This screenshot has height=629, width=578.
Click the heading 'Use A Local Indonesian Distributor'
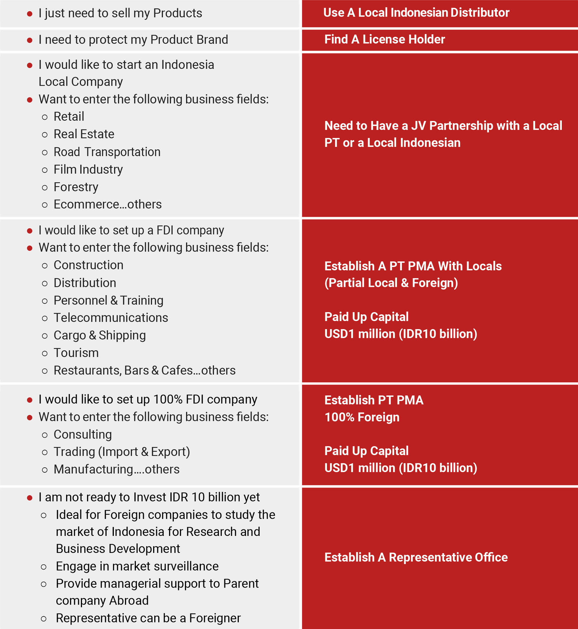point(416,13)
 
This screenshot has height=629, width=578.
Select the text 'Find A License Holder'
point(384,40)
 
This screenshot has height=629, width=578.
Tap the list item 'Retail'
point(69,117)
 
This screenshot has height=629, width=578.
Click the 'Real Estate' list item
point(84,134)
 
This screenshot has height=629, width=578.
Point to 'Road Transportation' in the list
point(107,152)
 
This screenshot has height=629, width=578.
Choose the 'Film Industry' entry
point(88,170)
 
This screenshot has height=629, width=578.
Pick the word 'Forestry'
point(76,187)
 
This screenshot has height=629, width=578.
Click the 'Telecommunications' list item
point(111,318)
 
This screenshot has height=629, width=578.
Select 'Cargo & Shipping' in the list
point(99,335)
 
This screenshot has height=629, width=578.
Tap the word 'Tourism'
point(76,353)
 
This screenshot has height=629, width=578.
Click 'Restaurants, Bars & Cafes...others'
point(144,371)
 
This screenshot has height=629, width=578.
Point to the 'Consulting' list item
point(82,434)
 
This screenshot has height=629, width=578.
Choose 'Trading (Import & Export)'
point(122,452)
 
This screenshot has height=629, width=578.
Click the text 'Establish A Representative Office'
point(416,558)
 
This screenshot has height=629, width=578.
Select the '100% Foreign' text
point(362,418)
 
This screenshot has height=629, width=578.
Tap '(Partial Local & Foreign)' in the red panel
point(391,283)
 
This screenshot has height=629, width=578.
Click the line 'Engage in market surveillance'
point(137,567)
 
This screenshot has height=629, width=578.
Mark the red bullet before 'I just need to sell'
point(30,14)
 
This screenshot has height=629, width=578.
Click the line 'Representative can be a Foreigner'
point(148,618)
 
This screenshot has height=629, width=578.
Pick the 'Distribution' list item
point(85,283)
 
